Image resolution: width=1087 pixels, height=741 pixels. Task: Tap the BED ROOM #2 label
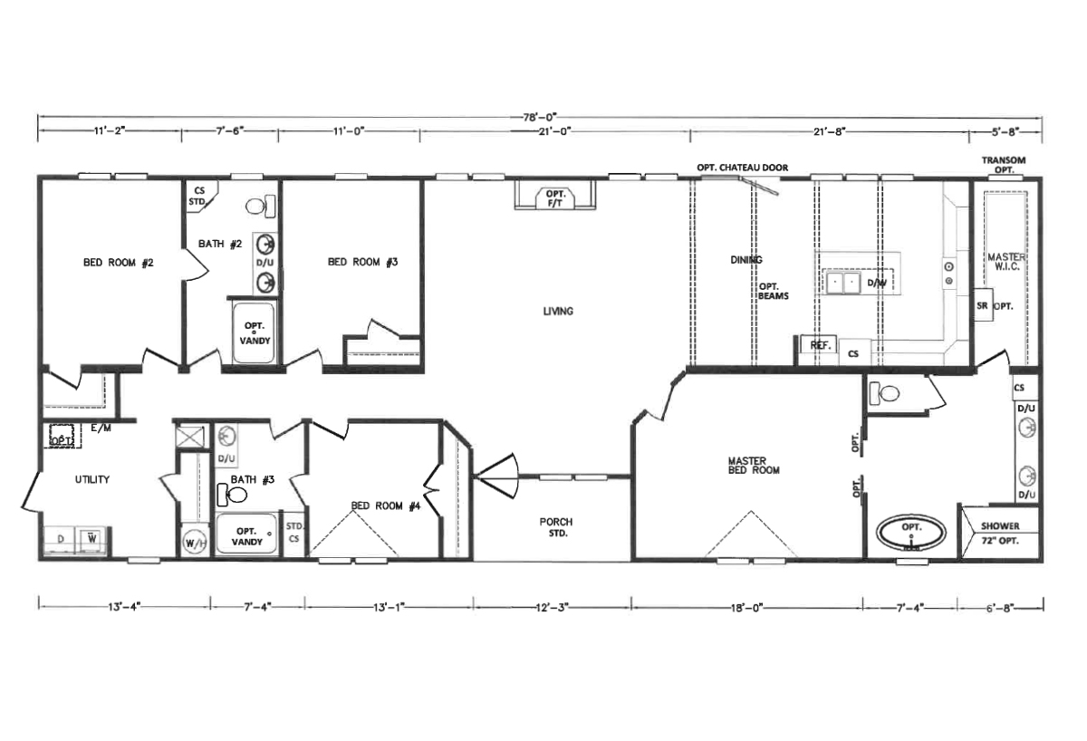point(120,263)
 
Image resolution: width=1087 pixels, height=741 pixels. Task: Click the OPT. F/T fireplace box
point(553,196)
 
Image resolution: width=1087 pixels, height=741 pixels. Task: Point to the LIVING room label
point(558,312)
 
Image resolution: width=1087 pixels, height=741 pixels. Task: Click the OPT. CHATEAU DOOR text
point(742,168)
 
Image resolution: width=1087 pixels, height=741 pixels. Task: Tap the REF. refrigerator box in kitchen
point(821,345)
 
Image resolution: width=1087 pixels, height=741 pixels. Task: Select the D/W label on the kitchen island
point(876,284)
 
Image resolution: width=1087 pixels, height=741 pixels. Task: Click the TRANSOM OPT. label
point(1004,165)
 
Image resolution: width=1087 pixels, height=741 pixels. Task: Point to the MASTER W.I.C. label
point(1006,263)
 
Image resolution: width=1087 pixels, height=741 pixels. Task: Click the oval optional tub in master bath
point(910,533)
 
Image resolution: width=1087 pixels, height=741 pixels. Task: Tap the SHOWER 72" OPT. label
point(999,532)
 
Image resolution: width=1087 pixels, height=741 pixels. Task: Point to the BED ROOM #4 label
point(386,506)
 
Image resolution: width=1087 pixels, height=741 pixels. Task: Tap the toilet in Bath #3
point(234,496)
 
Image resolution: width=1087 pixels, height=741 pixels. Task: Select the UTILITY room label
point(92,479)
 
